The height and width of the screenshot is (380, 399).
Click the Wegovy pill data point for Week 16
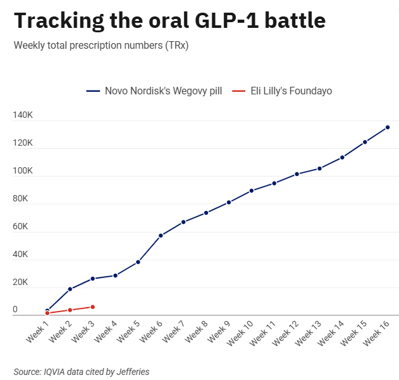click(x=388, y=127)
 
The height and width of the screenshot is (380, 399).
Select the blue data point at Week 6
click(x=161, y=236)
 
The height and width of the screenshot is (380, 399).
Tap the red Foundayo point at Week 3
click(x=92, y=307)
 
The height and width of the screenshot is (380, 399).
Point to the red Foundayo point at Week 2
click(x=70, y=310)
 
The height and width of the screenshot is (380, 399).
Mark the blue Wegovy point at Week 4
click(x=115, y=275)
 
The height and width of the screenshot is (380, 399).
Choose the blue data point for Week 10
click(x=252, y=191)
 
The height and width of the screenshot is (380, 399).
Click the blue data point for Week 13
click(x=319, y=168)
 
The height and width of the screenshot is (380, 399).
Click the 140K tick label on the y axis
click(x=23, y=115)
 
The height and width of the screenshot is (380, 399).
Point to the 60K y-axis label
click(x=20, y=226)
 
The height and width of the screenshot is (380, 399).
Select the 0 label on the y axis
click(x=15, y=309)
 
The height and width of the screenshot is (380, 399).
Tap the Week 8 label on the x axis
click(x=196, y=332)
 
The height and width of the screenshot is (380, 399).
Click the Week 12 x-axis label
click(x=285, y=333)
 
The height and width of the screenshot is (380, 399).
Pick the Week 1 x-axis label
click(x=37, y=332)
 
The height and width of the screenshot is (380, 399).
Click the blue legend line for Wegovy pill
click(x=93, y=91)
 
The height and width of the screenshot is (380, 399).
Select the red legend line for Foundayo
click(x=238, y=91)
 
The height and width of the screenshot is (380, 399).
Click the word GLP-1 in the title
click(x=227, y=20)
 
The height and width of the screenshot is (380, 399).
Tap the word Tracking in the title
click(x=59, y=22)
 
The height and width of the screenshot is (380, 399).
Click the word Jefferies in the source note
click(x=133, y=372)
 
